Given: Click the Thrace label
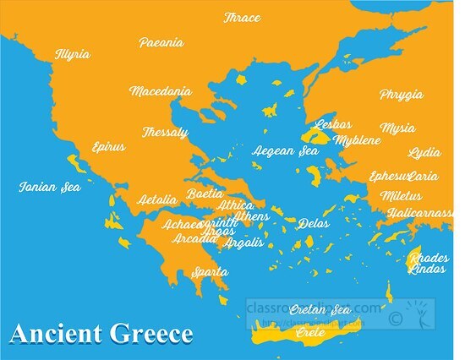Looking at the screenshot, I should pyautogui.click(x=242, y=18).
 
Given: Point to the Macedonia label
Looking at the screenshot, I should pyautogui.click(x=160, y=90).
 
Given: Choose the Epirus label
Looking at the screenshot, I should pyautogui.click(x=107, y=146).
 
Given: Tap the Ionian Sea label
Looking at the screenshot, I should pyautogui.click(x=50, y=187).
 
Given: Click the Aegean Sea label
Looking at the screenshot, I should pyautogui.click(x=285, y=151).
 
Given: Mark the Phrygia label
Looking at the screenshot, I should pyautogui.click(x=401, y=95).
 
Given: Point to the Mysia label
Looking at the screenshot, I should pyautogui.click(x=397, y=128).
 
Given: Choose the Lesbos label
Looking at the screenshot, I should pyautogui.click(x=332, y=124).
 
